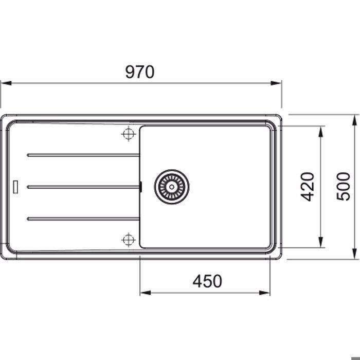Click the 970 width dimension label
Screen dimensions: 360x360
[x=139, y=72]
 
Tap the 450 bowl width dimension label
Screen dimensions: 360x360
[x=207, y=281]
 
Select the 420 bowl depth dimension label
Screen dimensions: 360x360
[x=307, y=187]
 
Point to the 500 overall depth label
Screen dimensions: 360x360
[x=344, y=186]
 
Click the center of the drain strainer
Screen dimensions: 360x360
[x=172, y=187]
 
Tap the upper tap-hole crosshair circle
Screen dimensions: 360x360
[x=129, y=134]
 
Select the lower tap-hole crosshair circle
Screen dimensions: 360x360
[x=129, y=240]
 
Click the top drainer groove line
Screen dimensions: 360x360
[x=83, y=155]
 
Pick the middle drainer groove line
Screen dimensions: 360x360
[x=83, y=187]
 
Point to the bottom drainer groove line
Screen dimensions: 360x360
[x=83, y=219]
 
